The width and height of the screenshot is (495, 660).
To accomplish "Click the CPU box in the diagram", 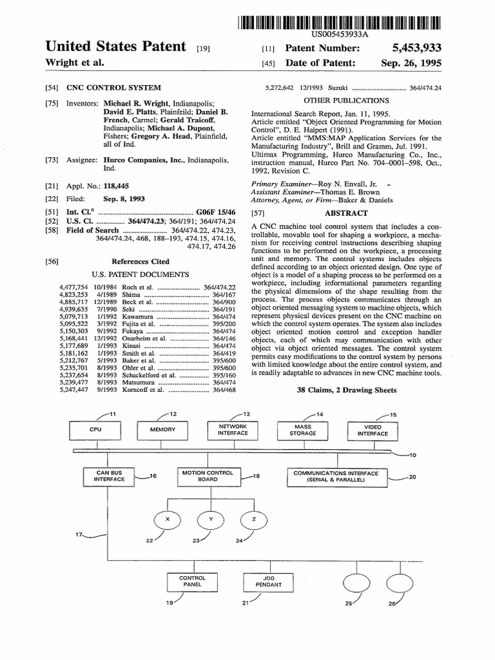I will (x=95, y=429).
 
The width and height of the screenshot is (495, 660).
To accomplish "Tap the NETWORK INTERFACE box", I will (x=233, y=430).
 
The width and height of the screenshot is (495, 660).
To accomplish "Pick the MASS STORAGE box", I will (x=303, y=430).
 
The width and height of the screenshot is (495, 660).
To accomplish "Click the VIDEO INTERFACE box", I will (x=373, y=430).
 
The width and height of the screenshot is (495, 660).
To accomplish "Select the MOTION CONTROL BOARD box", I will (x=208, y=476).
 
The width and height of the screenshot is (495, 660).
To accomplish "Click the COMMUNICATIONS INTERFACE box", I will (x=336, y=476).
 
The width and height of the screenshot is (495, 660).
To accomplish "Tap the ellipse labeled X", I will (x=168, y=519).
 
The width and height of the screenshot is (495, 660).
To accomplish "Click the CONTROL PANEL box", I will (x=192, y=581).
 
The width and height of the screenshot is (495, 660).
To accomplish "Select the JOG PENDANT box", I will (x=269, y=581).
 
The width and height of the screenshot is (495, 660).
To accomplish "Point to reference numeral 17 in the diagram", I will (x=79, y=535).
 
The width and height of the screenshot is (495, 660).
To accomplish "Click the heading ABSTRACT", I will (x=346, y=213).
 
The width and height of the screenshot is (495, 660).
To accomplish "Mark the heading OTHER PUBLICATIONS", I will (x=346, y=100).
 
